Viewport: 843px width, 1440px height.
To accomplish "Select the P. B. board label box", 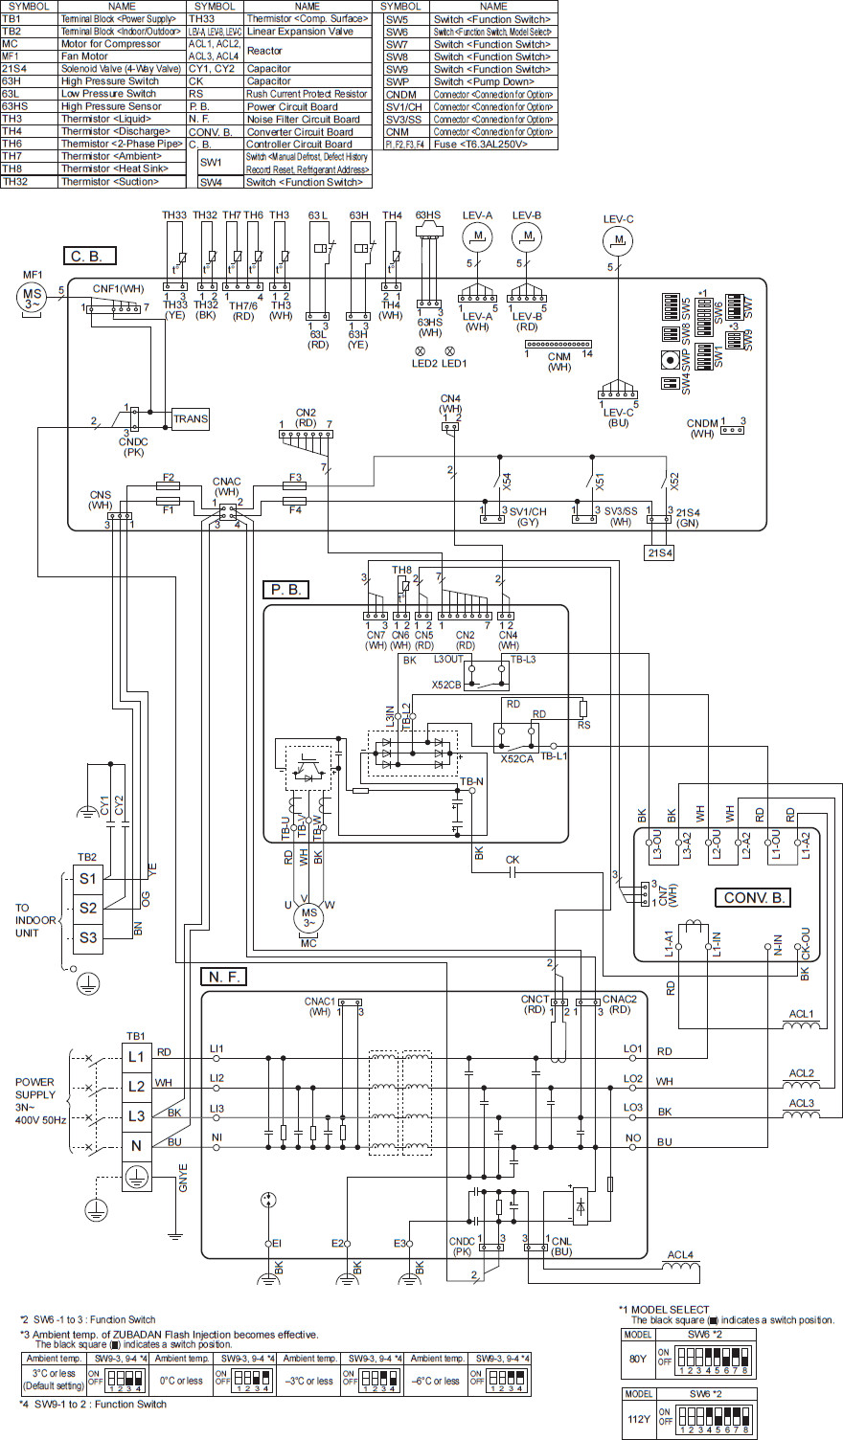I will (x=285, y=590).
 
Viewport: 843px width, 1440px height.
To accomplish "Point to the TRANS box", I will (x=191, y=418).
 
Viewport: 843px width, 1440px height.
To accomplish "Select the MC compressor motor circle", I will (x=308, y=914).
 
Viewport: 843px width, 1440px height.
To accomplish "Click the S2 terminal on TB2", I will (x=88, y=907).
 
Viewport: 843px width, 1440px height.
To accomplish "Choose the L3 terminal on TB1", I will (x=136, y=1116).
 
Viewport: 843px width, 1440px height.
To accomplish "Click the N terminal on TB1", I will (x=136, y=1146).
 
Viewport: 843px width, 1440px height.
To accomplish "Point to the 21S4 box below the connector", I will (x=660, y=552).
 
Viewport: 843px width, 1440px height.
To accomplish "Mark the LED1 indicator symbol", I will (x=449, y=351).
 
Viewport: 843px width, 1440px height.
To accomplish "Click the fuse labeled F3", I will (x=295, y=486).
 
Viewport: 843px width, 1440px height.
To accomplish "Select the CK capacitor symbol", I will (x=513, y=872).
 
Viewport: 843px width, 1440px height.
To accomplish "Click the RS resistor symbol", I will (x=582, y=709).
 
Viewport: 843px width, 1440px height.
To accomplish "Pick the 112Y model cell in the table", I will (x=639, y=1418).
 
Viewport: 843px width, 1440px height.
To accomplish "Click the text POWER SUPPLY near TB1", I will (x=34, y=1089).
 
